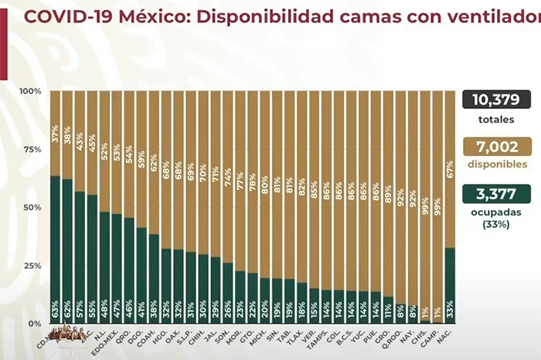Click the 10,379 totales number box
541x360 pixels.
pos(498,100)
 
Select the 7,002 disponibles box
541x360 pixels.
pos(498,148)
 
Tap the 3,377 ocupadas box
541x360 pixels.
pos(498,194)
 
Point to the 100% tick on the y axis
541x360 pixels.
pos(30,91)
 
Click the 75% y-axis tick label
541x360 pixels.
pos(32,149)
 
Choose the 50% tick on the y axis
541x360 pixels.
pos(32,207)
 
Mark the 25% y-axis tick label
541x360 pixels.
pos(32,265)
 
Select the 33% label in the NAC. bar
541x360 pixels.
pos(450,313)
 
